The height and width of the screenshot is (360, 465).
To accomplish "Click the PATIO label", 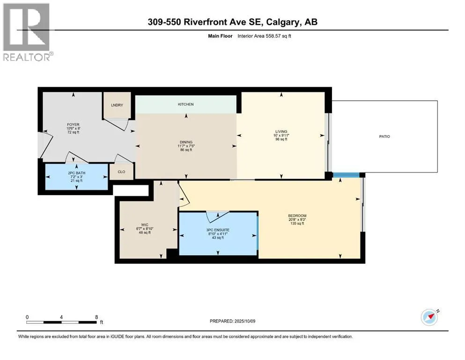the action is coord(384,136).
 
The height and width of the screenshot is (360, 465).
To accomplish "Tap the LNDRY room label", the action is coord(117,105).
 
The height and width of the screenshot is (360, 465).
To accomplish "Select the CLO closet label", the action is coord(121,172).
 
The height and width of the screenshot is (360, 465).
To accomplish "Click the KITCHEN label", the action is coord(185,104).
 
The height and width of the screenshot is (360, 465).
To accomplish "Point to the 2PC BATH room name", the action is coord(76,173).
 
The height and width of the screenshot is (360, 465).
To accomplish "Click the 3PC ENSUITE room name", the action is coord(218,230).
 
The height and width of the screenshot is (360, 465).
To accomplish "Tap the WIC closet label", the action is coord(145,225).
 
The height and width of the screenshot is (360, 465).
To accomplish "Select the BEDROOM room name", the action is coord(297,216).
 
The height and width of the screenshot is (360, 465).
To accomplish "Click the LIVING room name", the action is coord(281,131).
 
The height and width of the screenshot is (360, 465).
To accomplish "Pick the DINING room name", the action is coord(186,142).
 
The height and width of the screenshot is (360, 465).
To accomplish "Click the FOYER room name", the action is coord(73,125).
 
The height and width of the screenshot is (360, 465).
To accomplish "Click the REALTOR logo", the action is coord(27,32).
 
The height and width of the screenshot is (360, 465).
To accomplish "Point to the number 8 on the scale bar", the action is coord(96,317).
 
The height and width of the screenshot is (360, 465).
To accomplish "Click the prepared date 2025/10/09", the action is coord(244,321).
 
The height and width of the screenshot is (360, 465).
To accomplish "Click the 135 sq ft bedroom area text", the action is coord(297,224).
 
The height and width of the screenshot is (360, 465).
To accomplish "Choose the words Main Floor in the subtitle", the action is coord(220,36).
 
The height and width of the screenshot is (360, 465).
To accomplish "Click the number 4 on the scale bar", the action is coord(61,317).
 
